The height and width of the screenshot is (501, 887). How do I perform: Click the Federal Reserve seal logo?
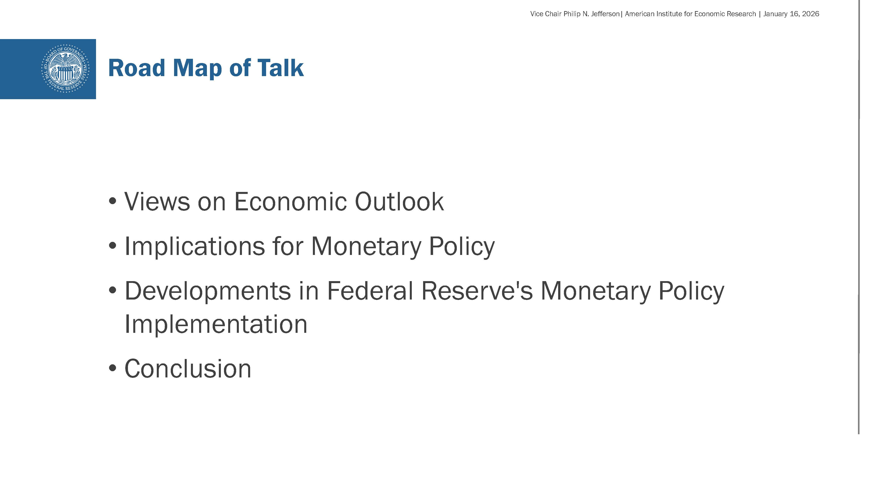(65, 69)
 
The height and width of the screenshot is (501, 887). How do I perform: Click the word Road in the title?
(137, 68)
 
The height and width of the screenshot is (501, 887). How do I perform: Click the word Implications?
(194, 247)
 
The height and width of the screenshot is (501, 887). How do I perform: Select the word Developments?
(208, 292)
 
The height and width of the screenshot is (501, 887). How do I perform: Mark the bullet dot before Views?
(112, 201)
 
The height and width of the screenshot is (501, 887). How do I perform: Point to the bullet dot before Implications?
(112, 246)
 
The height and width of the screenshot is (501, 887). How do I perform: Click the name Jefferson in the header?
(605, 14)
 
